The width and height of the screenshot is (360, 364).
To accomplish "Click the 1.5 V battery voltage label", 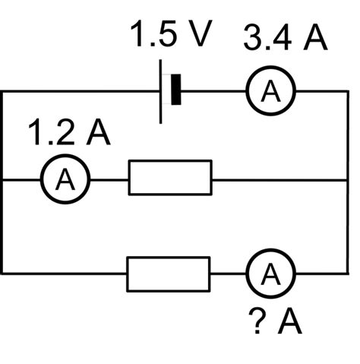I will tap(169, 36).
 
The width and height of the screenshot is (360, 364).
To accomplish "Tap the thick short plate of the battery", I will tap(177, 90).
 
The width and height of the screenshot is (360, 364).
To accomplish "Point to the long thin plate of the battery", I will tap(161, 91).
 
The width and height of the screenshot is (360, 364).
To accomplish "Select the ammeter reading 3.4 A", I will tap(270, 91).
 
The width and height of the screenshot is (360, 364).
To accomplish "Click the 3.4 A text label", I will tap(285, 38).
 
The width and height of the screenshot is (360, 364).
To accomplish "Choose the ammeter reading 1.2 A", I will tap(65, 179).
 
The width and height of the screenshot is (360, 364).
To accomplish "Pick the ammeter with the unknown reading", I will tap(270, 273).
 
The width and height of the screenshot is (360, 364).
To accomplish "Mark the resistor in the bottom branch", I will tap(168, 274).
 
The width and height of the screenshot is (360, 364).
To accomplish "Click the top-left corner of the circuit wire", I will tap(3, 91).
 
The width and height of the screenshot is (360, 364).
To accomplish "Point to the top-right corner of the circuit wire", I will tap(348, 91).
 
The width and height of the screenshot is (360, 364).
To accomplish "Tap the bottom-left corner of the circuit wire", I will tap(3, 273).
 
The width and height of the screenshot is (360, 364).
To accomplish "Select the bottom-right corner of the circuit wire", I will tap(348, 273).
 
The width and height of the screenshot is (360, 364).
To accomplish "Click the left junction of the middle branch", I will tap(3, 179).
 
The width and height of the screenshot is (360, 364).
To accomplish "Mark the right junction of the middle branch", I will tap(348, 179).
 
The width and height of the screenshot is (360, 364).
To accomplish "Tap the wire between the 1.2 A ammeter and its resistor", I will tap(109, 179).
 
